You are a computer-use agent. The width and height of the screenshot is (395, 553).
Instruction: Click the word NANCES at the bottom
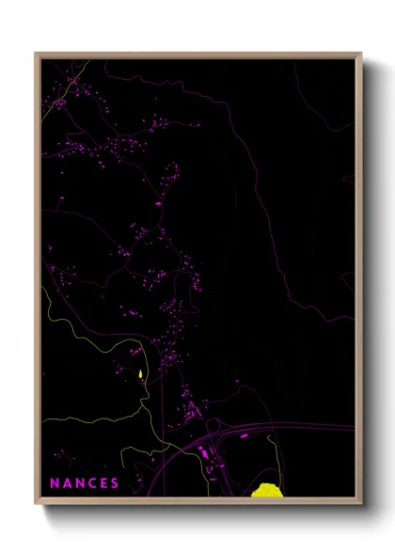coord(85,483)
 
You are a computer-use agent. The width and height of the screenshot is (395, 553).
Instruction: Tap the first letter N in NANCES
coord(55,483)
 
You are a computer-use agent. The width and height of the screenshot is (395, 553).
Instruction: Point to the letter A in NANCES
coord(68,483)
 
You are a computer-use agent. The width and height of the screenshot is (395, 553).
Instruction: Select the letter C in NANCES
coord(92,483)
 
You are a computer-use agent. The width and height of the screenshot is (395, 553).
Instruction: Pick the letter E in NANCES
coord(103,483)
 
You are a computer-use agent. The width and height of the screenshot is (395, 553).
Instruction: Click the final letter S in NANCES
coord(115,483)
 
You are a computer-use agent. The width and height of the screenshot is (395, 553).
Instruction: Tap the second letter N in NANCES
coord(80,483)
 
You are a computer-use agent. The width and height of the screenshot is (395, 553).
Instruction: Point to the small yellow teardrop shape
coord(140,375)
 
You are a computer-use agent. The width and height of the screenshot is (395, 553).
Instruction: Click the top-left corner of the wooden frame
coord(37,54)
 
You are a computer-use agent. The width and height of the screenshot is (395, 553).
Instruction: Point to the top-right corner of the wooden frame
coord(361,54)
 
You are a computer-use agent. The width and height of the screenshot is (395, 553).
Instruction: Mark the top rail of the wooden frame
coord(198,55)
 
